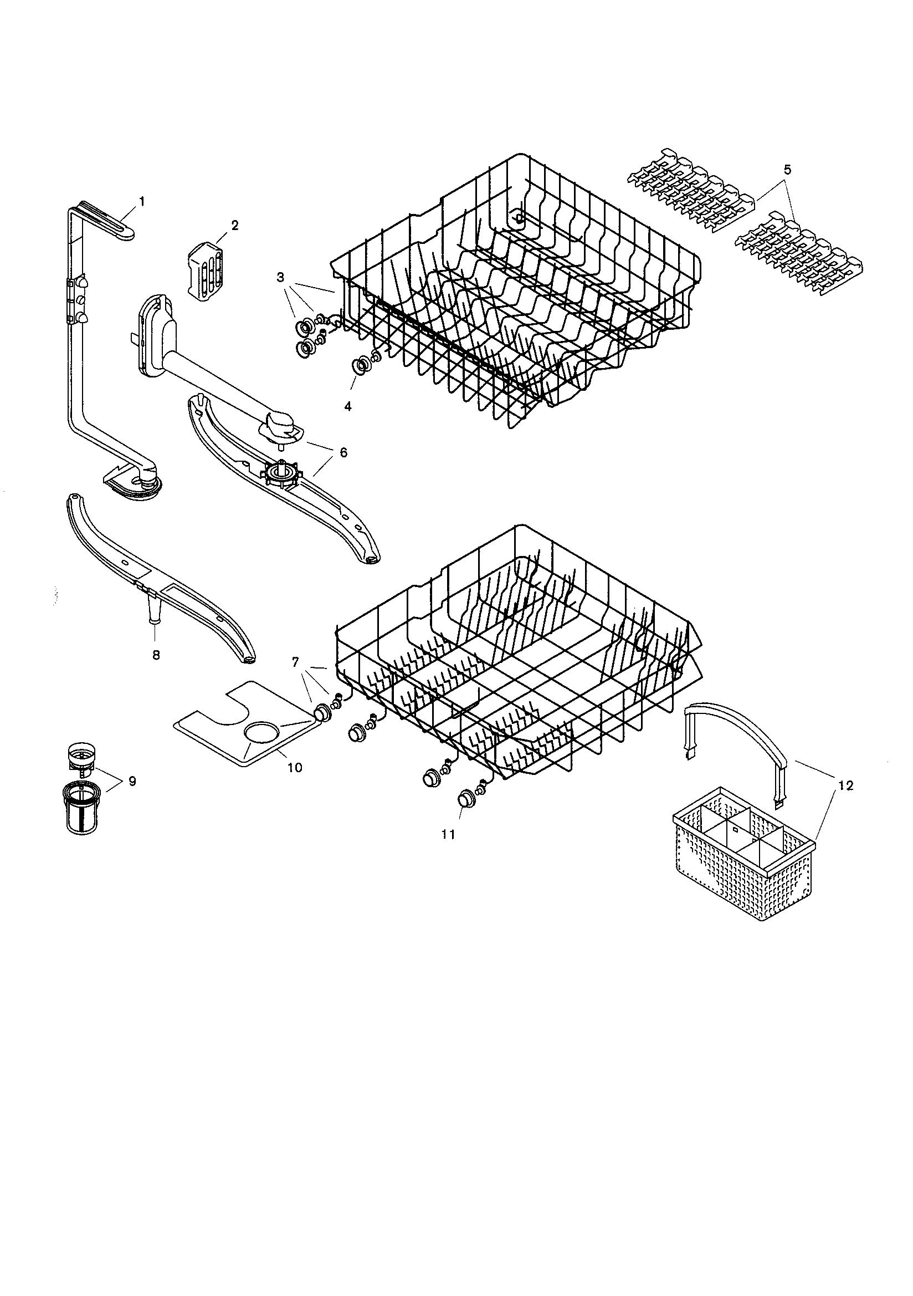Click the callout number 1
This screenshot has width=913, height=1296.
click(x=142, y=201)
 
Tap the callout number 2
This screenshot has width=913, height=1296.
click(x=234, y=225)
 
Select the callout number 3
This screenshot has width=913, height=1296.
click(x=280, y=277)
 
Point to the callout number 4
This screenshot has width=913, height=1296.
click(x=347, y=406)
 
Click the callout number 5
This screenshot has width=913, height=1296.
click(x=787, y=169)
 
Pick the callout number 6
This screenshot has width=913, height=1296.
click(x=343, y=452)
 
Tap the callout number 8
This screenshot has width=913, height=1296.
click(x=156, y=654)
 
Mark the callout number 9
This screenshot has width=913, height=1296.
click(x=132, y=781)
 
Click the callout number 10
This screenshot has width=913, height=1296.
click(x=295, y=767)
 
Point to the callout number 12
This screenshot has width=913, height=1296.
click(x=846, y=785)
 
